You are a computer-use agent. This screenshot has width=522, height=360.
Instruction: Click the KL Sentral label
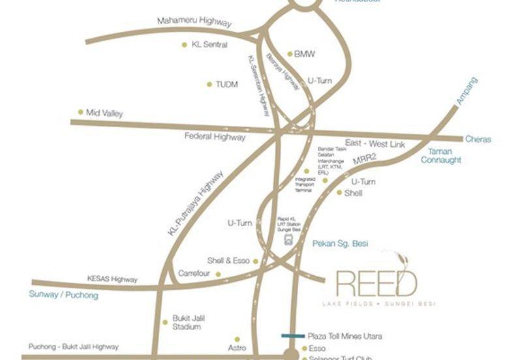point(209,45)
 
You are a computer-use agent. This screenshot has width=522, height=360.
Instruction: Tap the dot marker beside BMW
point(290,54)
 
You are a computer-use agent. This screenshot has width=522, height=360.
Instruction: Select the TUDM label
point(226,84)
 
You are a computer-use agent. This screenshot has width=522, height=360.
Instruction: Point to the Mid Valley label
point(104,113)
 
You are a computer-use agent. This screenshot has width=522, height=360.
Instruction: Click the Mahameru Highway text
point(194,22)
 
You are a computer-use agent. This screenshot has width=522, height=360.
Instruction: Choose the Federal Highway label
point(215,137)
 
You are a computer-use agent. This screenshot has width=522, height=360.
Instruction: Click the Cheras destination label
point(478,139)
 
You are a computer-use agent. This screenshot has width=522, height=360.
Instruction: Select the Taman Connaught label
point(440,155)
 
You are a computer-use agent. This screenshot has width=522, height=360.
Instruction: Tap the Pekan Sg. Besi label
point(341,244)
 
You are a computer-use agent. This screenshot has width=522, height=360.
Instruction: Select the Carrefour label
point(194,273)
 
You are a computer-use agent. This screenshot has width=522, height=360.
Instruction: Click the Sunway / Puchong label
point(63,295)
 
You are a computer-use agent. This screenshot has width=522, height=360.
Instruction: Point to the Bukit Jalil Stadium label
point(187,323)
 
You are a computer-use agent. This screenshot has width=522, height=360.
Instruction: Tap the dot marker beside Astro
point(238,339)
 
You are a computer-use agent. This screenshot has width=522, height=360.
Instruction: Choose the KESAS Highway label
point(112,279)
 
